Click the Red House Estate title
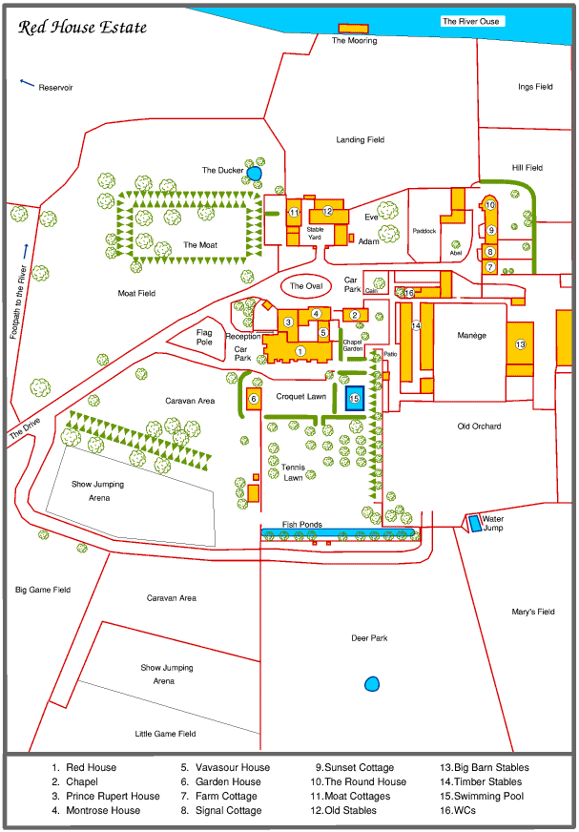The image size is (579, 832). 83,28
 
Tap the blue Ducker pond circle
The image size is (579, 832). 255,173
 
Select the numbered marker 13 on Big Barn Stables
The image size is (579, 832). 521,343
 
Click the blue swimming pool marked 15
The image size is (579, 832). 354,398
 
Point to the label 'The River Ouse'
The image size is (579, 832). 470,21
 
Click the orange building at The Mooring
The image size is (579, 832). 354,30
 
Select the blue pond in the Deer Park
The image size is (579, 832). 372,683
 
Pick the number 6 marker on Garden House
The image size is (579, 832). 254,399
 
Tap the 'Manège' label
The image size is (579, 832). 471,336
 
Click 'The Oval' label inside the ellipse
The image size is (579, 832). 307,286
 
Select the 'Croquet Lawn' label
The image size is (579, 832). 301,395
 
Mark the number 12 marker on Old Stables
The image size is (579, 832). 327,211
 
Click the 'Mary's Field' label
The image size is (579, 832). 532,612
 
